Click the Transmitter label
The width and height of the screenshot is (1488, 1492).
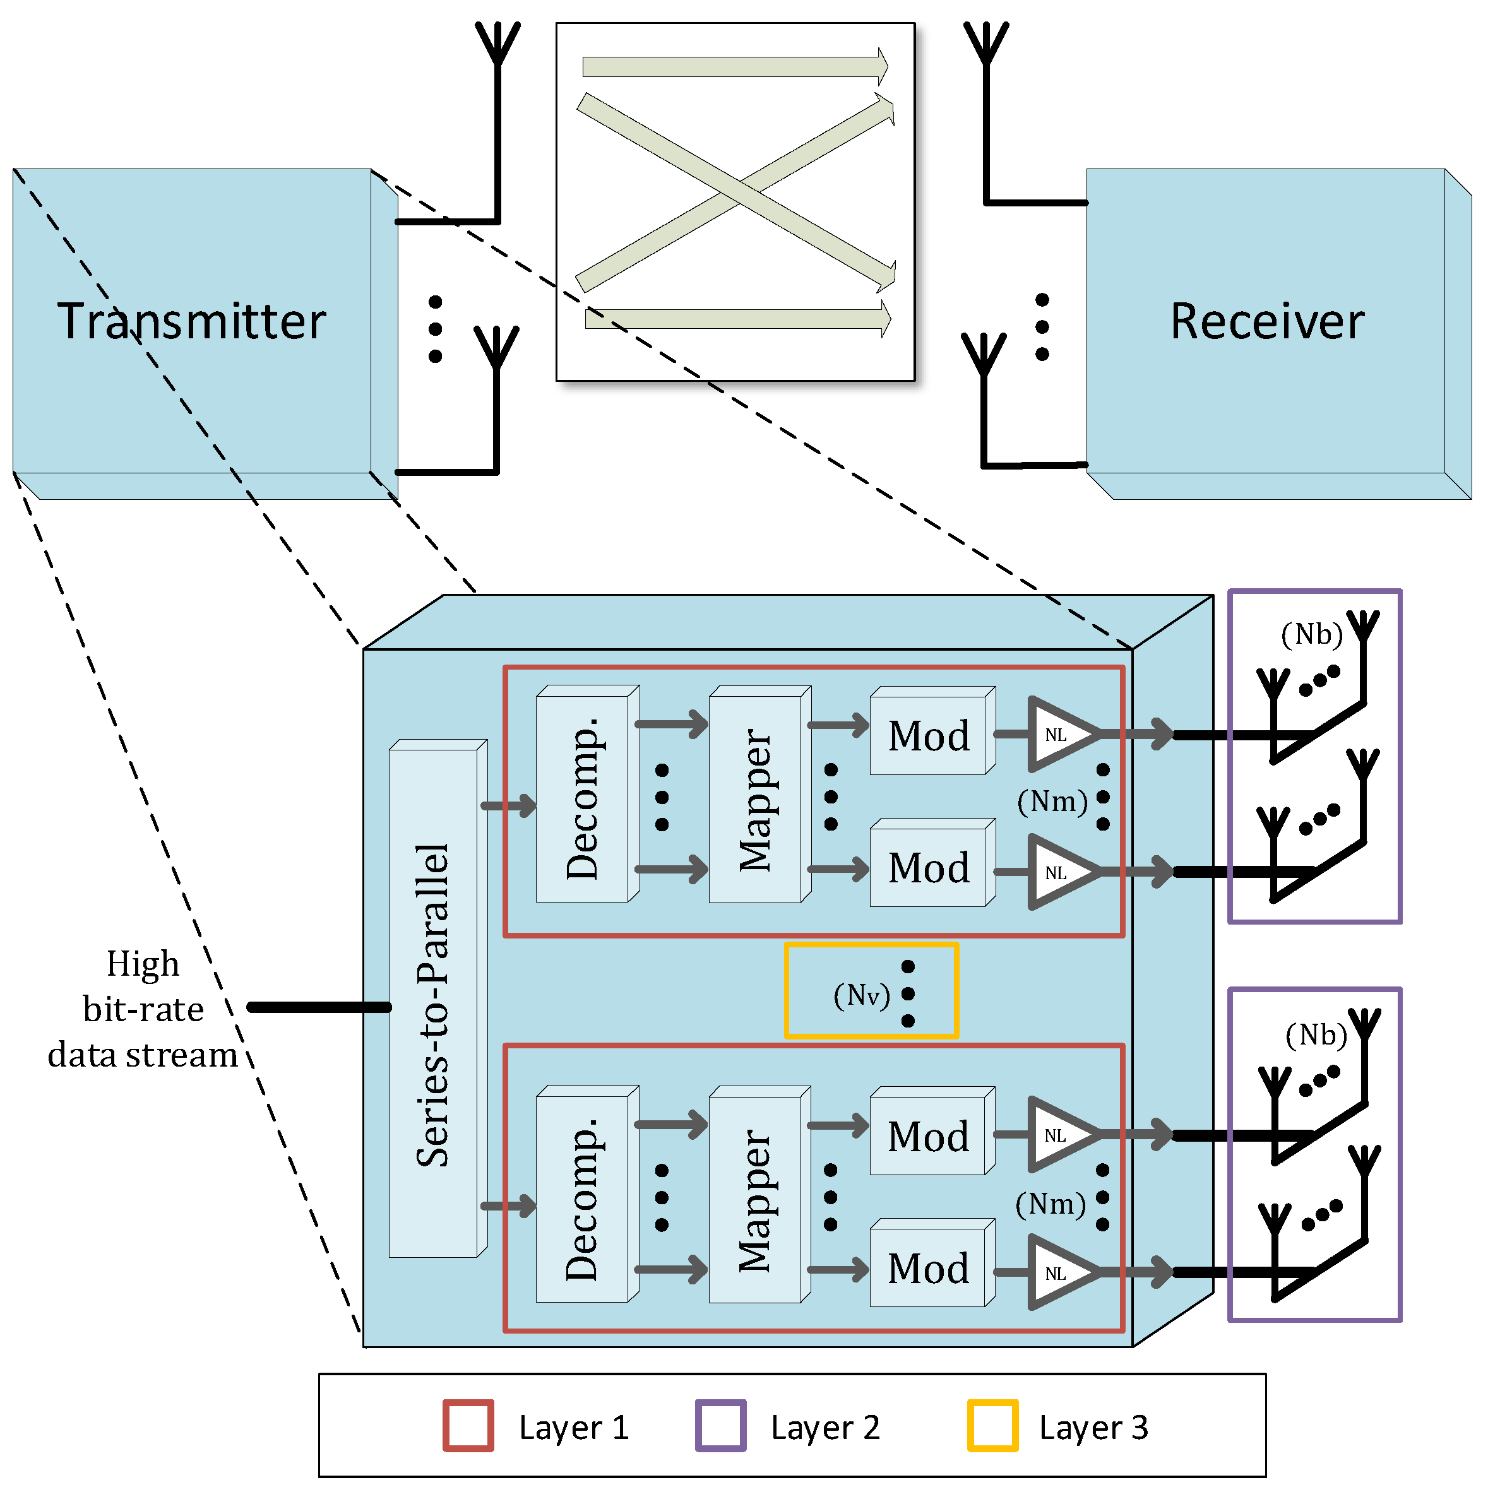click(x=191, y=321)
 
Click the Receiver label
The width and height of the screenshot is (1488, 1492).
click(x=1266, y=321)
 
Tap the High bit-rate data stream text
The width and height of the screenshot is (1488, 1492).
click(x=143, y=1009)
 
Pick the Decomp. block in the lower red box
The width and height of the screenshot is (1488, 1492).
click(x=583, y=1198)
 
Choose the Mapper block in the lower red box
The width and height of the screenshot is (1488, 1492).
click(x=756, y=1198)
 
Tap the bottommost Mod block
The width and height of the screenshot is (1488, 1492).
click(x=929, y=1268)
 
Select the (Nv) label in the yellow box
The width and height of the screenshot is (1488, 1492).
click(x=862, y=995)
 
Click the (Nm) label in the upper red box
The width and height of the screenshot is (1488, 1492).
click(x=1052, y=802)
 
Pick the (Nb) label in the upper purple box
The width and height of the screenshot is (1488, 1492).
click(x=1312, y=635)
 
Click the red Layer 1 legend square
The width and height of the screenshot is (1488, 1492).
click(x=468, y=1426)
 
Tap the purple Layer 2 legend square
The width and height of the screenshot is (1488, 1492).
click(x=720, y=1426)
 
